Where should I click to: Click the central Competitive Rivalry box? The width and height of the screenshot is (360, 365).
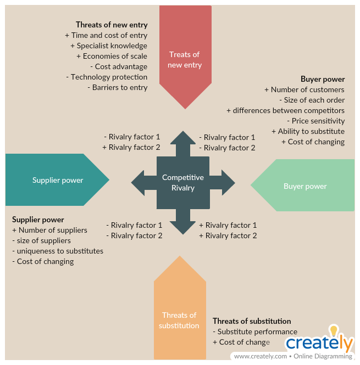click(x=182, y=182)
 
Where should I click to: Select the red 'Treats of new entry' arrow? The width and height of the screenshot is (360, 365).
click(x=185, y=55)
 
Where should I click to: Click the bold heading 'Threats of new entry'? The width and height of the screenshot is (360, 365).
click(x=112, y=25)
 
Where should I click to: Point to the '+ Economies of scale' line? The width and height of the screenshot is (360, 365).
click(x=112, y=56)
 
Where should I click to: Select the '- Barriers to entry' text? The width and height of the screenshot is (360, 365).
click(x=117, y=87)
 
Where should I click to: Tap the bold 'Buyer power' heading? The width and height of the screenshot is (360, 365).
click(x=323, y=79)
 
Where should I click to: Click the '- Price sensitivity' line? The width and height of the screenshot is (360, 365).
click(x=315, y=121)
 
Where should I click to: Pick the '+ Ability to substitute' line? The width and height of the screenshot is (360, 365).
click(x=308, y=131)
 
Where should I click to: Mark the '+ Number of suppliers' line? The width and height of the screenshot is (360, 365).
click(x=49, y=230)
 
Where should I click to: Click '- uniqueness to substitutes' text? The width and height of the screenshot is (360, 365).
click(x=58, y=251)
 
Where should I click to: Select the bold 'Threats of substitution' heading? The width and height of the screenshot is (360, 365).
click(x=252, y=321)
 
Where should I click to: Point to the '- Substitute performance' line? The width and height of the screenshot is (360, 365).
click(x=255, y=332)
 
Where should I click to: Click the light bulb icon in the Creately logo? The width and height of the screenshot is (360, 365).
click(x=333, y=331)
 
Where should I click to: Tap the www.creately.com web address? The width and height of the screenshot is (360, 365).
click(x=261, y=356)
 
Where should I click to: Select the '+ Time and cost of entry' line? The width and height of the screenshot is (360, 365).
click(x=106, y=35)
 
